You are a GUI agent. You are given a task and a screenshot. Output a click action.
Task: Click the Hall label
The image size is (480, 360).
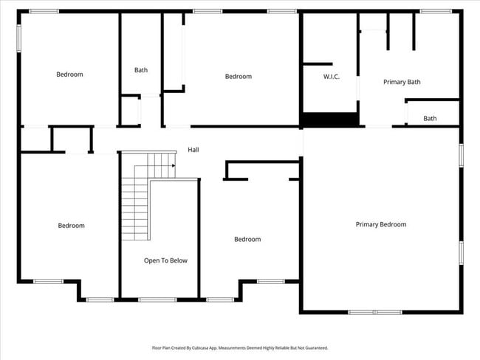point(193,150)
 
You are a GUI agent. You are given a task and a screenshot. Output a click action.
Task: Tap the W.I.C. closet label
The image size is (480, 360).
point(331,77)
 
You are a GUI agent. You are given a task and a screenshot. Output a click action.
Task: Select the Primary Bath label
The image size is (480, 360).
point(402,82)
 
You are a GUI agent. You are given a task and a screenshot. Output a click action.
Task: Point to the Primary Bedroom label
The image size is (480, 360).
point(380,224)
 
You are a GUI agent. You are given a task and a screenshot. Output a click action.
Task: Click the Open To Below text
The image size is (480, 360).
point(165,260)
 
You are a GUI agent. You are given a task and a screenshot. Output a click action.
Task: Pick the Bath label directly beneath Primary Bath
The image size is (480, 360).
point(430,118)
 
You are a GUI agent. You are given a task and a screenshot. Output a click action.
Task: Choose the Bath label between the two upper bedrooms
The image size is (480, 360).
point(141,70)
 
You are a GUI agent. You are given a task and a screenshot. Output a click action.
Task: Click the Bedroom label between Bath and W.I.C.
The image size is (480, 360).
point(238,77)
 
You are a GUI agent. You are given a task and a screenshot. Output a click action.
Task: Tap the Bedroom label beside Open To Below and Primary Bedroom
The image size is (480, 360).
point(247,239)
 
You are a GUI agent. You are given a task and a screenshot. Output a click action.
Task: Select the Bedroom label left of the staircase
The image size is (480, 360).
point(71,226)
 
